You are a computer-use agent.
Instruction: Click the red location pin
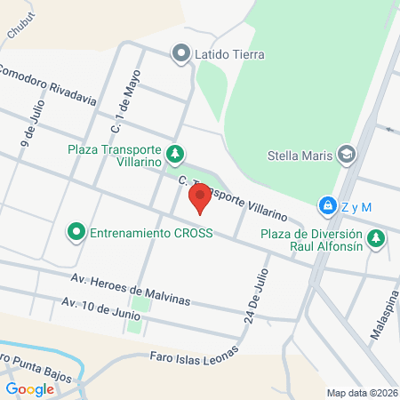point(201,197)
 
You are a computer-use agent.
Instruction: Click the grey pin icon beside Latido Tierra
point(182,54)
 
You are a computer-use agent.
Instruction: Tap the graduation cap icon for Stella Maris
point(347,156)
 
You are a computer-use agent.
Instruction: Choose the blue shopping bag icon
point(329,205)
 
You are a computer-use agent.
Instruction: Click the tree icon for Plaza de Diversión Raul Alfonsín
point(377,238)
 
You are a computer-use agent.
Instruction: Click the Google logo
point(30,388)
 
